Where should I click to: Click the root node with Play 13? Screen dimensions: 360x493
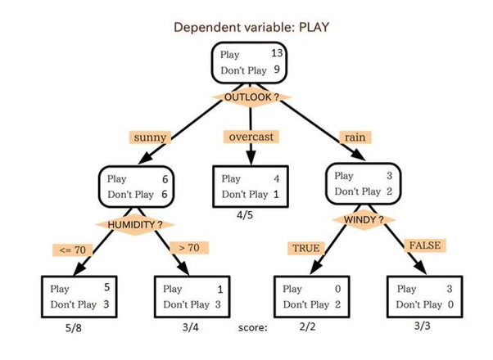click(249, 63)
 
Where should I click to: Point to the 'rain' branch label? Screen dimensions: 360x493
click(355, 137)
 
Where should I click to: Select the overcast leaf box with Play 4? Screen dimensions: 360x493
click(250, 187)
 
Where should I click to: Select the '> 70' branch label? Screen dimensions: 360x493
click(188, 246)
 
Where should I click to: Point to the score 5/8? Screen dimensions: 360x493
click(74, 329)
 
